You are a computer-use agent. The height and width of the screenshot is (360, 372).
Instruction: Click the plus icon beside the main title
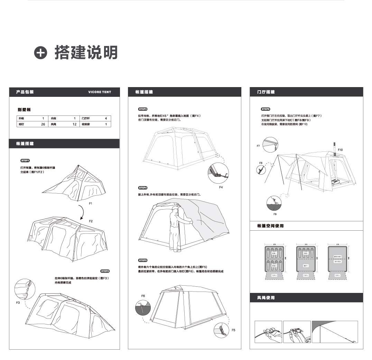pyautogui.click(x=40, y=53)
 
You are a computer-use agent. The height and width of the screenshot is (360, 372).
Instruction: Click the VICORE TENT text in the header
pyautogui.click(x=100, y=92)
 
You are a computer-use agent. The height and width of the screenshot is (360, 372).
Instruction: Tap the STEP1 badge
pyautogui.click(x=26, y=160)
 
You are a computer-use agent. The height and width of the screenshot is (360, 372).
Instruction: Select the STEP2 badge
pyautogui.click(x=105, y=271)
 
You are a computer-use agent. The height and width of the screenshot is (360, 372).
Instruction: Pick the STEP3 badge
pyautogui.click(x=143, y=109)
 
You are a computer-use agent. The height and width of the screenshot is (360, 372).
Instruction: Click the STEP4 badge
pyautogui.click(x=143, y=187)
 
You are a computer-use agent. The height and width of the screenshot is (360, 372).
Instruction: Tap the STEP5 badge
pyautogui.click(x=143, y=260)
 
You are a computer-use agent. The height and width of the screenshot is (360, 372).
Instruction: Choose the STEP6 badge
pyautogui.click(x=266, y=109)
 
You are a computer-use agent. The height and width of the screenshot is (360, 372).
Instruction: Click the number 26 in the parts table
pyautogui.click(x=43, y=124)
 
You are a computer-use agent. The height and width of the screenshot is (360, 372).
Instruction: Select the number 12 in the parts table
pyautogui.click(x=74, y=124)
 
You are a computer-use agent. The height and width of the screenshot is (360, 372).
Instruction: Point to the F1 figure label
pyautogui.click(x=90, y=204)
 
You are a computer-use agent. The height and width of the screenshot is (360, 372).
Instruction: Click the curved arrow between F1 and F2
pyautogui.click(x=82, y=212)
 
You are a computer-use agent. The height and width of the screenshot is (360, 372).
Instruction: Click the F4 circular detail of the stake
pyautogui.click(x=218, y=173)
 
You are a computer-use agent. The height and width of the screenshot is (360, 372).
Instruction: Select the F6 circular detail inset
pyautogui.click(x=143, y=306)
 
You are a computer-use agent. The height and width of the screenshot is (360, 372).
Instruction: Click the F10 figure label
pyautogui.click(x=340, y=149)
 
